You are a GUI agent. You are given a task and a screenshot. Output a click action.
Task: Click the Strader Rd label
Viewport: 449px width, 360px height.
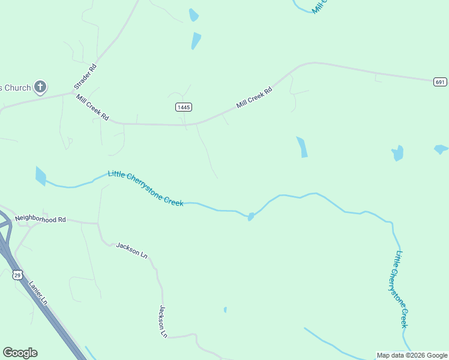(x=85, y=77)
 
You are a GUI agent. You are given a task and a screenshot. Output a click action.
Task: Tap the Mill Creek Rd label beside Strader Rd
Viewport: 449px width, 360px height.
(x=92, y=107)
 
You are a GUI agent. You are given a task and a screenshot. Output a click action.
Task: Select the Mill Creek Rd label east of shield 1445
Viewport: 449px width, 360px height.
(x=255, y=97)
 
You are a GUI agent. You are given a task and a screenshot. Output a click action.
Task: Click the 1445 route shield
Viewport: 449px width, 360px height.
(x=184, y=107)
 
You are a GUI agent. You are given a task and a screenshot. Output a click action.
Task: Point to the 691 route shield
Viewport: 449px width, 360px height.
(x=440, y=82)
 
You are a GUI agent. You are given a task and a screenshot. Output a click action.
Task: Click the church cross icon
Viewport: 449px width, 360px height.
(x=40, y=88)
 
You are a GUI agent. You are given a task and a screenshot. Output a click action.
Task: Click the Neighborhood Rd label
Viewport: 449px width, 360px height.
(x=40, y=220)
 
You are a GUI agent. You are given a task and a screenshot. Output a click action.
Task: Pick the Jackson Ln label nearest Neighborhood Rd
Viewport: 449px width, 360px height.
(x=131, y=250)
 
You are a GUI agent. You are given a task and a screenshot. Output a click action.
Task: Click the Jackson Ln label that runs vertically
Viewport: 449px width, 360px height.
(x=163, y=321)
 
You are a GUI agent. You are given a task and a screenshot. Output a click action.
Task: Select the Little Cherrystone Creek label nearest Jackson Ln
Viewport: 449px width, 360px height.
(x=145, y=188)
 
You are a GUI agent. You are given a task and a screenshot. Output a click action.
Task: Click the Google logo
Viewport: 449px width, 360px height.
(x=20, y=353)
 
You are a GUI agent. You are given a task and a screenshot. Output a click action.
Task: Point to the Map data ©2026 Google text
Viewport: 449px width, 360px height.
(x=412, y=355)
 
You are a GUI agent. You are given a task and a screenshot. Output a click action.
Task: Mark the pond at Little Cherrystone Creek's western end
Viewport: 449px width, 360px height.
(x=40, y=176)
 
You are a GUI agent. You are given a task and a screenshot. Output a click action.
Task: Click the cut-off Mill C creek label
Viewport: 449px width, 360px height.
(x=321, y=7)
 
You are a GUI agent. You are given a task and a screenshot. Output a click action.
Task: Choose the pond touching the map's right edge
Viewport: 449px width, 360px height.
(x=441, y=149)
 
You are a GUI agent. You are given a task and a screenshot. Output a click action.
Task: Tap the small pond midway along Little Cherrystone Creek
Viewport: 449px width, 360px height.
(x=250, y=217)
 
